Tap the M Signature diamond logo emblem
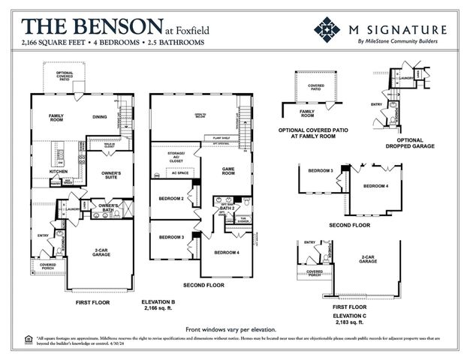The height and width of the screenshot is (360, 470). (328, 31)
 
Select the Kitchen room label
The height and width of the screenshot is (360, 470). (59, 171)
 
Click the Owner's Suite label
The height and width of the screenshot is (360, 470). (110, 175)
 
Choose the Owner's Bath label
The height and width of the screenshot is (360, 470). (110, 207)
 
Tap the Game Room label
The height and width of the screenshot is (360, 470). (228, 172)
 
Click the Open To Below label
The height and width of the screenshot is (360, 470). (220, 115)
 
